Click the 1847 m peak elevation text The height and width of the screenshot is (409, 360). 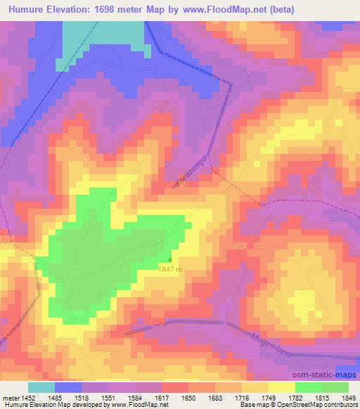coord(169,269)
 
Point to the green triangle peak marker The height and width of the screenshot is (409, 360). coord(169,259)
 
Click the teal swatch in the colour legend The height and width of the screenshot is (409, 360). coord(41,387)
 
